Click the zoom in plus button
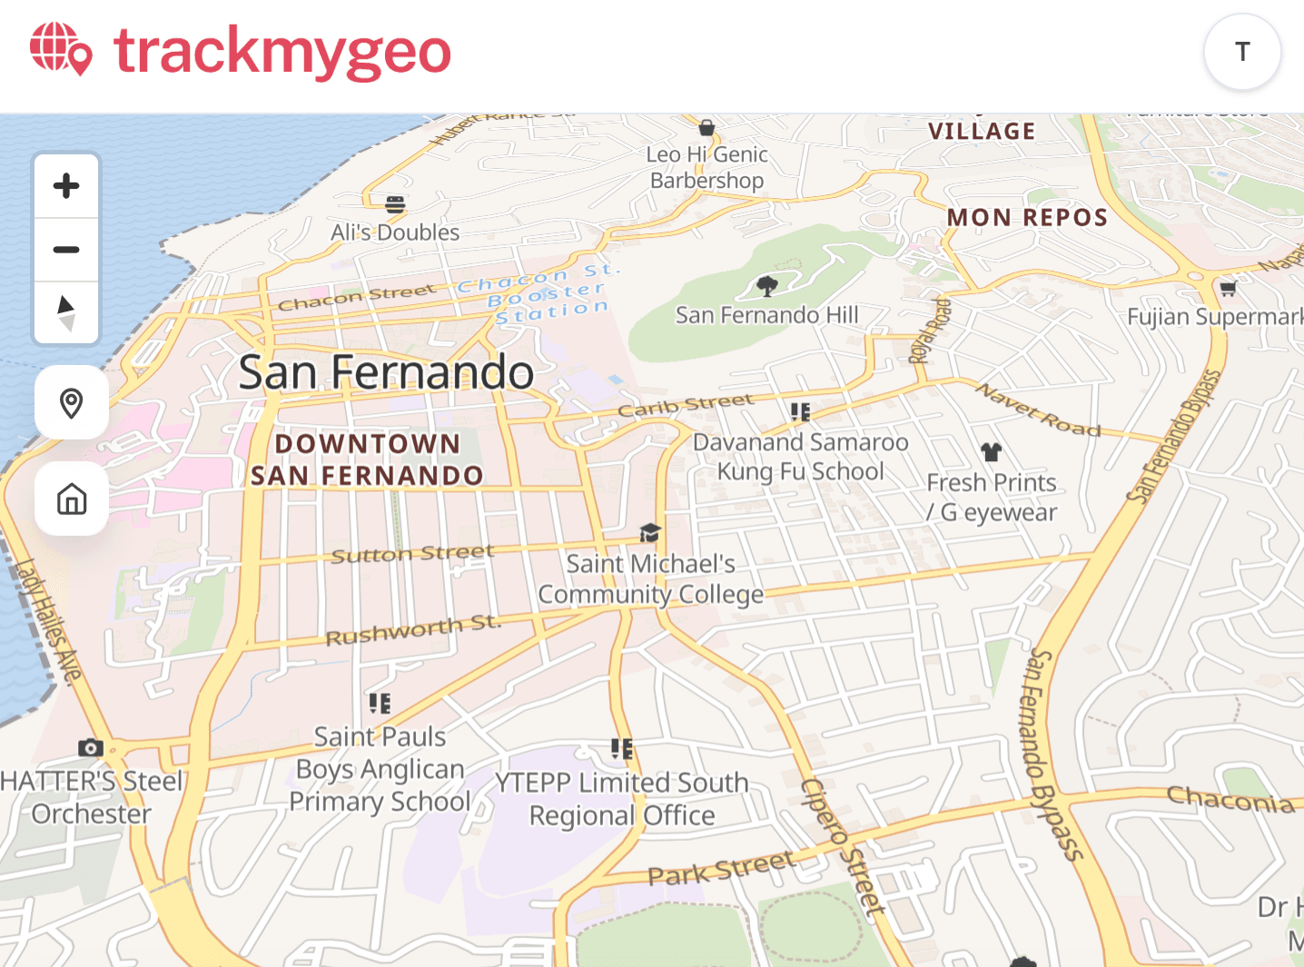click(66, 186)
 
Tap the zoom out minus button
click(66, 250)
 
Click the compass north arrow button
click(66, 312)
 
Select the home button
click(72, 498)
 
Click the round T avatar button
click(1242, 52)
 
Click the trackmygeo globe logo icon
click(61, 49)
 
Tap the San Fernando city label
click(386, 372)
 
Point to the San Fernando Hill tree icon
click(767, 287)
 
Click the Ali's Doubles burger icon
click(395, 204)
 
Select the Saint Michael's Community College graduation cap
click(650, 533)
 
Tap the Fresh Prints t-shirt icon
click(991, 451)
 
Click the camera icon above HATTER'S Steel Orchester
click(90, 747)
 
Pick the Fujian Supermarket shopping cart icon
click(1228, 289)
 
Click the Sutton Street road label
click(412, 554)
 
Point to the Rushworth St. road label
click(413, 629)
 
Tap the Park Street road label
click(721, 868)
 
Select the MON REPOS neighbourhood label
click(1027, 218)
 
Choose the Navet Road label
click(1039, 409)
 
